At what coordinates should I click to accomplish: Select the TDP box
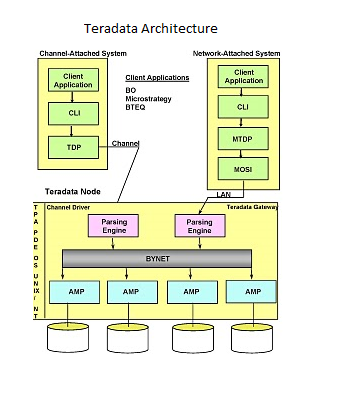pos(74,147)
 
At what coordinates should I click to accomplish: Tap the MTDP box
pos(243,138)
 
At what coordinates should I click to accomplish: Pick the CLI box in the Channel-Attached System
pos(74,113)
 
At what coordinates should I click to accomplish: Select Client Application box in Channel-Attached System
pos(74,80)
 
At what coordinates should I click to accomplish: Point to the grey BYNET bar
pos(157,258)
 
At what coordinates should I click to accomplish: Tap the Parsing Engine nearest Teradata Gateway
pos(200,225)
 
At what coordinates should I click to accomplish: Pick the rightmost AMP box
pos(251,291)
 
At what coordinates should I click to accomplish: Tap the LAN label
pos(225,194)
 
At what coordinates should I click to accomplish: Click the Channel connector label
pos(125,143)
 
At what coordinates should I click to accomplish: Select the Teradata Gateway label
pos(251,206)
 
